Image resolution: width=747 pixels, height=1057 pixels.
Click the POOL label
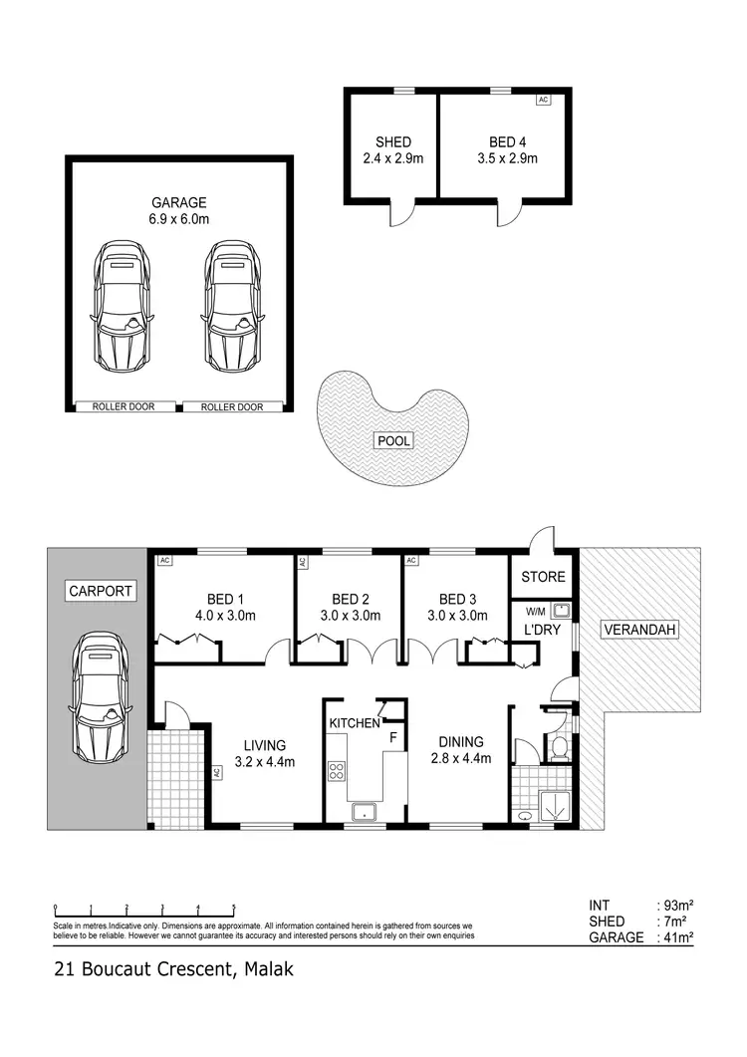coord(392,440)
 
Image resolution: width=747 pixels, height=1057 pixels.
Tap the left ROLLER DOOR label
coord(123,406)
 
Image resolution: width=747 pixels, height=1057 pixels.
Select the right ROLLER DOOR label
coord(232,406)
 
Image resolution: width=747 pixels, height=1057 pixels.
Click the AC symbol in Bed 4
coord(543,100)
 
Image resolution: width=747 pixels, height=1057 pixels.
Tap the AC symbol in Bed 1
coord(165,561)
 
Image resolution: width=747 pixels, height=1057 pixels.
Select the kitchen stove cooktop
coord(337,770)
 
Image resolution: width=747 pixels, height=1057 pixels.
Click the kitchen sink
coord(365,811)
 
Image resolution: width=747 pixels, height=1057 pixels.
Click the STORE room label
coord(543,577)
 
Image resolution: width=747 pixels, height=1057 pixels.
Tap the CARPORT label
coord(101,591)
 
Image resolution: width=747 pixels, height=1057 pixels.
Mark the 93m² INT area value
coord(678,906)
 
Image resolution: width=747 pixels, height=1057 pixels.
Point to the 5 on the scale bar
coord(234,908)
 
